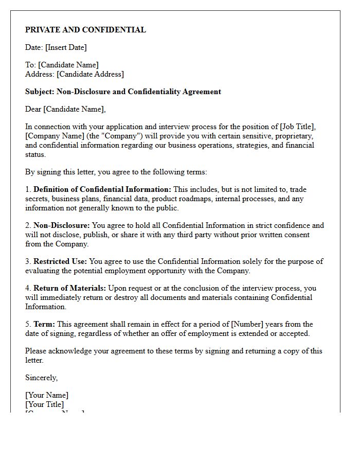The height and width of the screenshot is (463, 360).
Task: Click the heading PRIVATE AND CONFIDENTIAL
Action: click(85, 30)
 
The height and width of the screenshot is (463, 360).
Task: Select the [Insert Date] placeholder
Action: click(66, 47)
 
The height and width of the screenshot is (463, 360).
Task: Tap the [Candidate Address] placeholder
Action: click(90, 74)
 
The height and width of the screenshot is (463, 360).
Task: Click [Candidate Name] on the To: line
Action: click(68, 65)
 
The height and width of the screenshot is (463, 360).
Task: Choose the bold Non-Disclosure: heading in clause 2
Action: click(62, 225)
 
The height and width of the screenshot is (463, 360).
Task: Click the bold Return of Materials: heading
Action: click(69, 288)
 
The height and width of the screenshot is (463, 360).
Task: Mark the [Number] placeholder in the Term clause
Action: click(248, 324)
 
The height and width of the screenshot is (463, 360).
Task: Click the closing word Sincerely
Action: click(42, 378)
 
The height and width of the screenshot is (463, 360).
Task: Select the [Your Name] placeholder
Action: click(47, 395)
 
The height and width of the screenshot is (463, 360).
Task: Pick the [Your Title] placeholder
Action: click(45, 404)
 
